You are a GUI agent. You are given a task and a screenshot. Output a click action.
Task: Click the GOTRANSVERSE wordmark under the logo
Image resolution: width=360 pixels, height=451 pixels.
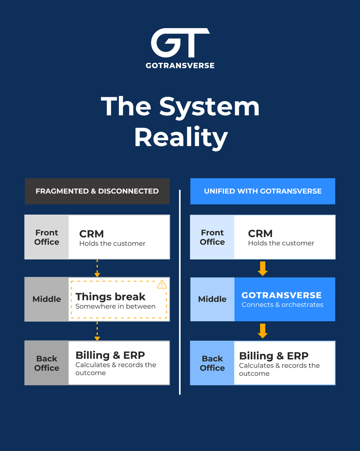(180, 66)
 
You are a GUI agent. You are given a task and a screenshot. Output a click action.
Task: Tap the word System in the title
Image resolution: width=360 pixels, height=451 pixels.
(209, 108)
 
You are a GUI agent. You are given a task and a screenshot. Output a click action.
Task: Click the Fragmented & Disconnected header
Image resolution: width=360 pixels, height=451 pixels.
(97, 191)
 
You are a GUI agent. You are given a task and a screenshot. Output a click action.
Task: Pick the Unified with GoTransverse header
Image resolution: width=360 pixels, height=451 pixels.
(263, 191)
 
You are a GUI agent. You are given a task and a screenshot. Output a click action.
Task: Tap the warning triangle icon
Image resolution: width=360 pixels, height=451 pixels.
(162, 285)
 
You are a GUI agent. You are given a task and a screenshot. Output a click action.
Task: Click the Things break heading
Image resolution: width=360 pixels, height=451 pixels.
(110, 297)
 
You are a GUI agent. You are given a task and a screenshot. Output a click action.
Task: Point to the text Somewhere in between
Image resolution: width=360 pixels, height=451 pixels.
(115, 306)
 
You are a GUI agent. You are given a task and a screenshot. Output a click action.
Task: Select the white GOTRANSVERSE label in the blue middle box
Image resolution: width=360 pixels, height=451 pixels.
(281, 295)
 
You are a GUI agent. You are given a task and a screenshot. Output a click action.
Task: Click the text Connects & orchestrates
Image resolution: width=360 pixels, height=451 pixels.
(283, 305)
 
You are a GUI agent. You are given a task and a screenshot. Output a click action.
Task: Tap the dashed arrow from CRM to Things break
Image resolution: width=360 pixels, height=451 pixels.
(97, 268)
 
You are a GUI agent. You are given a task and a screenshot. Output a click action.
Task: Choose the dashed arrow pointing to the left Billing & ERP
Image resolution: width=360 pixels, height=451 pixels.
(97, 331)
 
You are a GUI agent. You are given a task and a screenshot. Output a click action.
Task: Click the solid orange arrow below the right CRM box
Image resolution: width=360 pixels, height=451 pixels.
(263, 268)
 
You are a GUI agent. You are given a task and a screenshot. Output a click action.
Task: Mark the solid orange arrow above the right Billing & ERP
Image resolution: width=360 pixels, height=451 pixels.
(263, 331)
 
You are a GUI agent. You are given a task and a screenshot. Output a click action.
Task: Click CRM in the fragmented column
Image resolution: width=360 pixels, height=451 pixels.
(91, 234)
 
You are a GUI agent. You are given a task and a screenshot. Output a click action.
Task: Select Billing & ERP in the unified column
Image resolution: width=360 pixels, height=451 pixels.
(274, 356)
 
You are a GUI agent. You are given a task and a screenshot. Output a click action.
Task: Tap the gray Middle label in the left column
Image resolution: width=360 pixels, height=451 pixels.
(47, 299)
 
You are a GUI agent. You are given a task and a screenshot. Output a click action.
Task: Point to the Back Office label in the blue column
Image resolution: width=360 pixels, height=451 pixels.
(212, 363)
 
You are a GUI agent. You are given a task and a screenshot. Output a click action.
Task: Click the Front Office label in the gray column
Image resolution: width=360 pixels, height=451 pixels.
(47, 237)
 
